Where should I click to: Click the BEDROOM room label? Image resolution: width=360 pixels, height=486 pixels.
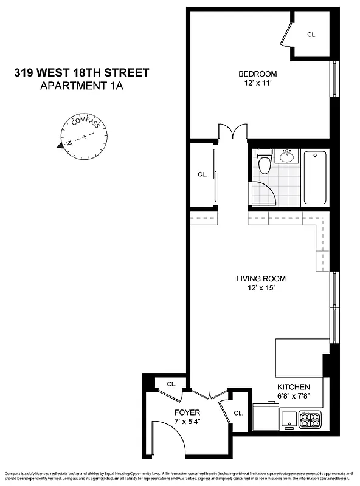[x=257, y=74]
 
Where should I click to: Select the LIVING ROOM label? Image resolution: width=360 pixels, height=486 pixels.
[x=260, y=279]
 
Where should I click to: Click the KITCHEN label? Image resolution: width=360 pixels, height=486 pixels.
[x=294, y=387]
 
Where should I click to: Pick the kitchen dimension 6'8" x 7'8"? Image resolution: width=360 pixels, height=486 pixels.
[x=294, y=396]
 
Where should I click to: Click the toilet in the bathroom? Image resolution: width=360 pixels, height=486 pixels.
[x=263, y=162]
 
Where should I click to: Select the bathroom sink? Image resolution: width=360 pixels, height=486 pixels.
[x=286, y=157]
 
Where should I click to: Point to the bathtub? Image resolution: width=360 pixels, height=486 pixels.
[x=315, y=177]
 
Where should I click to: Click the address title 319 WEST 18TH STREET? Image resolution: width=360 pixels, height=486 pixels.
[x=81, y=73]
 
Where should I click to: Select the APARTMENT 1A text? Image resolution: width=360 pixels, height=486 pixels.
[x=81, y=86]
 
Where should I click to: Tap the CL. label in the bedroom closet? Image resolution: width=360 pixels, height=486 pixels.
[x=311, y=35]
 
